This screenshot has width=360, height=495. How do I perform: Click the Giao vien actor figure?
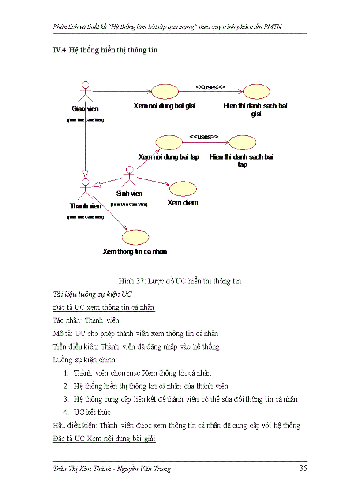point(86,91)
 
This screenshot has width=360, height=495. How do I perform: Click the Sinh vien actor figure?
point(129,177)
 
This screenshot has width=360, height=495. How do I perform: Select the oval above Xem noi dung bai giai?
point(165,92)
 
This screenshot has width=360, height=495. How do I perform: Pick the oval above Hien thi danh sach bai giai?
point(256,92)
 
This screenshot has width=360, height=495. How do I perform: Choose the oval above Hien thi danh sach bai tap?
point(242,143)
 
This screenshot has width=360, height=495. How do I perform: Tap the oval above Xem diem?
point(183,189)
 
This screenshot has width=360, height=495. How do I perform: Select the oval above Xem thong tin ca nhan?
point(135,238)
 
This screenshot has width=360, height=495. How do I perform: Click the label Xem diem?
point(183,203)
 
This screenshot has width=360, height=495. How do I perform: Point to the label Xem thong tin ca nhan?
point(135,252)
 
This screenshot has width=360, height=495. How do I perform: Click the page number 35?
point(303,468)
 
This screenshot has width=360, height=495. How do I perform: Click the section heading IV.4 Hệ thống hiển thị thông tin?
point(105,50)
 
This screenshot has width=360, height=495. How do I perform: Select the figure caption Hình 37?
point(180,281)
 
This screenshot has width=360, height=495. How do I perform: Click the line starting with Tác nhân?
point(86,320)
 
